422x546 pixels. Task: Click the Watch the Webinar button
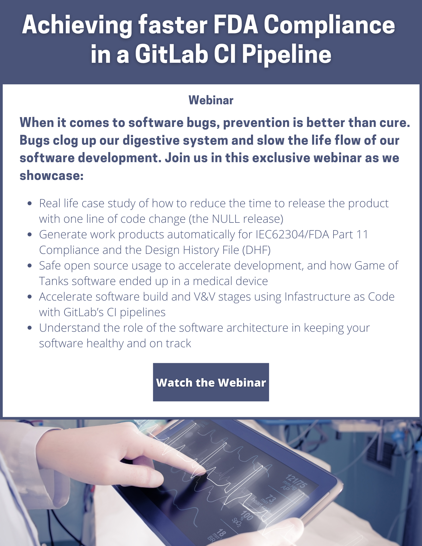(211, 382)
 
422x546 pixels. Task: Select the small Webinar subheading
(211, 100)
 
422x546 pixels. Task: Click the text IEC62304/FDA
(292, 235)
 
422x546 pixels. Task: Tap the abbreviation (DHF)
(256, 250)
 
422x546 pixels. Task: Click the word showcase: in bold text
(51, 175)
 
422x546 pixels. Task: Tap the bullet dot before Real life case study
(30, 203)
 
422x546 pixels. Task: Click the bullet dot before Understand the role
(30, 328)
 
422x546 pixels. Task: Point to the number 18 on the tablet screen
(221, 533)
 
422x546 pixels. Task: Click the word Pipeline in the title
(287, 54)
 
